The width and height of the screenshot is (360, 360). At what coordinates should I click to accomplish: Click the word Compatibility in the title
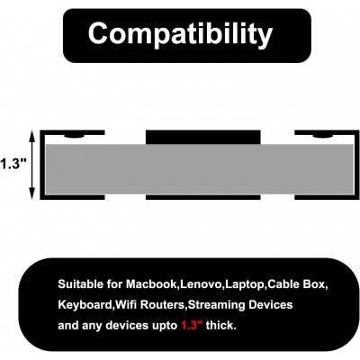pyautogui.click(x=180, y=34)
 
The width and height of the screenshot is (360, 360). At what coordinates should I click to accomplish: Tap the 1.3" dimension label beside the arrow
pyautogui.click(x=13, y=164)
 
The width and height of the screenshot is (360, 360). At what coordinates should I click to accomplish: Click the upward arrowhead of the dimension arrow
pyautogui.click(x=32, y=136)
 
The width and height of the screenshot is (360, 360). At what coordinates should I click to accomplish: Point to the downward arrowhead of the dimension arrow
pyautogui.click(x=32, y=193)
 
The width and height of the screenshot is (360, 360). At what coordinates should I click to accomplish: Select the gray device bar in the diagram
pyautogui.click(x=200, y=169)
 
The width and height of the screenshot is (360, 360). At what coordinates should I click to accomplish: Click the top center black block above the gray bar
pyautogui.click(x=203, y=138)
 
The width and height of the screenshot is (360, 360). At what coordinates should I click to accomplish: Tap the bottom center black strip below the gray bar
pyautogui.click(x=203, y=197)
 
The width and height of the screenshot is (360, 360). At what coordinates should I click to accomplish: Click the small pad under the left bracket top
pyautogui.click(x=75, y=137)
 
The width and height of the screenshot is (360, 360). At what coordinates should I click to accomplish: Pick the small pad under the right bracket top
pyautogui.click(x=322, y=137)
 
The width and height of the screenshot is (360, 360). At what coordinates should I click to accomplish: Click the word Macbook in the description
pyautogui.click(x=152, y=283)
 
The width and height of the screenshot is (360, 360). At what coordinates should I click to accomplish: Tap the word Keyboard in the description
pyautogui.click(x=85, y=305)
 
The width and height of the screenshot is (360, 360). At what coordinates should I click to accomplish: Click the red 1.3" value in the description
pyautogui.click(x=192, y=325)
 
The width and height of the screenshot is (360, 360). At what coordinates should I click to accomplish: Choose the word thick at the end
pyautogui.click(x=221, y=325)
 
